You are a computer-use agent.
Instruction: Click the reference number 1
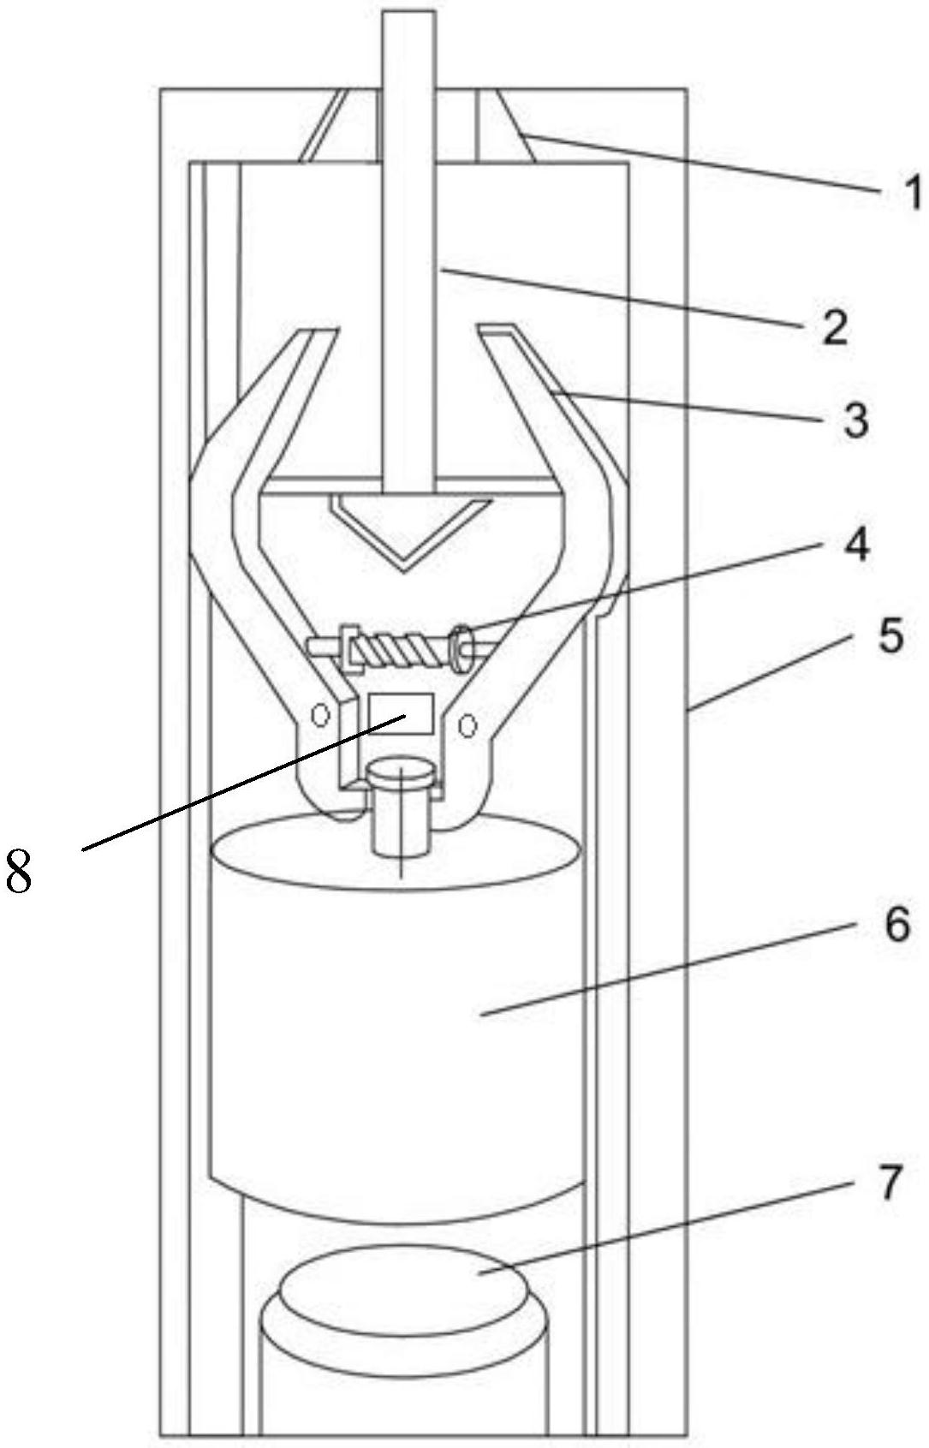912,194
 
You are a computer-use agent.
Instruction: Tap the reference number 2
834,327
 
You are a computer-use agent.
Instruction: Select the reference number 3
854,420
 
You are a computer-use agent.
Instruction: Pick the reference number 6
896,925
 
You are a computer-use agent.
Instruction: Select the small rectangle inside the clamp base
400,713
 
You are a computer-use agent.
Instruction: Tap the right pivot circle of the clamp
467,724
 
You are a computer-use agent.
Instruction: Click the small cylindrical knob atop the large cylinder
401,805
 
